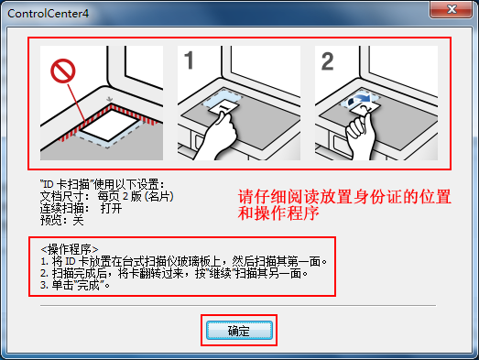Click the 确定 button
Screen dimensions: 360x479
[238, 329]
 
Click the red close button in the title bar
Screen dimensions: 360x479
[453, 10]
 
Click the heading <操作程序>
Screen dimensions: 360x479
[70, 247]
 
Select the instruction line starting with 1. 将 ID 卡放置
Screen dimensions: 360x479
[183, 260]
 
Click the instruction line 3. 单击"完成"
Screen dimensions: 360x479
[79, 286]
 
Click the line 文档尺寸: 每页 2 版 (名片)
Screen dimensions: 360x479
[106, 196]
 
